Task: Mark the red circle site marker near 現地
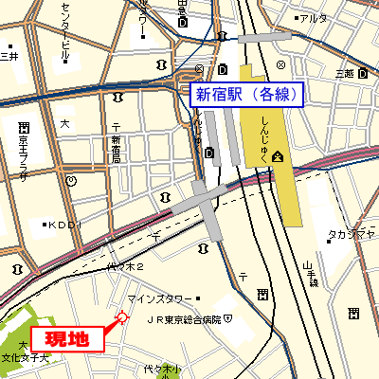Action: (x=120, y=318)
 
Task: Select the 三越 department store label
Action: (x=343, y=73)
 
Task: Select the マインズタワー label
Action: (x=160, y=300)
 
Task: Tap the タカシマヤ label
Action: (x=349, y=233)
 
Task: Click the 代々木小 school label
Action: (x=161, y=369)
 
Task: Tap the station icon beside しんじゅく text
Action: (x=277, y=155)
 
